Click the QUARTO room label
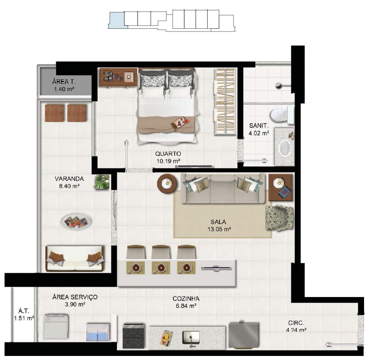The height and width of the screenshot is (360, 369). click(x=168, y=154)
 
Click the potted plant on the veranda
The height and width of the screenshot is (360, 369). click(x=102, y=182)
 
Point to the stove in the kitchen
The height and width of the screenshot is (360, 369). click(x=133, y=336)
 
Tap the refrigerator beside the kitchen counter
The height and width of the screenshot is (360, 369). click(x=244, y=335)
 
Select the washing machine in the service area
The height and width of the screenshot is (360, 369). click(x=56, y=327)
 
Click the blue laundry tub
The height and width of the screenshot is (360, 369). click(x=98, y=332)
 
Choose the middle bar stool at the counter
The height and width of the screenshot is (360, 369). click(x=161, y=252)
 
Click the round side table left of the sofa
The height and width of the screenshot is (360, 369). click(x=167, y=184)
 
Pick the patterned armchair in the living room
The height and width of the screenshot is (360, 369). click(x=280, y=218)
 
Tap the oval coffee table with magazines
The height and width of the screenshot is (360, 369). click(x=76, y=222)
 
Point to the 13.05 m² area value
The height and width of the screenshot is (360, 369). click(x=219, y=229)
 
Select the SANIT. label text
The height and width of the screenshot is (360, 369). click(x=258, y=126)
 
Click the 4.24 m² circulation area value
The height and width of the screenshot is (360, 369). click(x=296, y=330)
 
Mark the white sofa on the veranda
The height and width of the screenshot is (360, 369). click(x=75, y=259)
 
